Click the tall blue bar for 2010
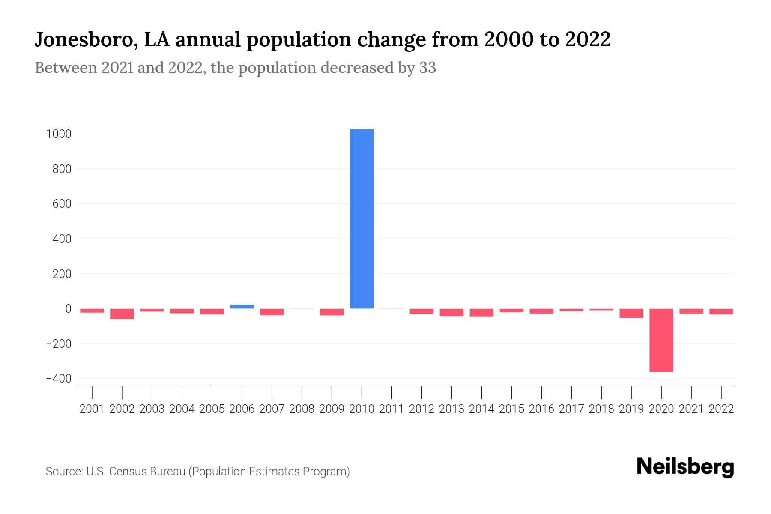pos(362,218)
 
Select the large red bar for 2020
pos(661,340)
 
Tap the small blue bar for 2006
pos(242,307)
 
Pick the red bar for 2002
pos(122,314)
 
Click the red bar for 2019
pos(631,313)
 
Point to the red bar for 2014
pos(481,313)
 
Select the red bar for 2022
pos(721,311)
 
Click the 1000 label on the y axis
pos(59,134)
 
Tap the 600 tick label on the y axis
pos(62,204)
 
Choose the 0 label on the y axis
pos(68,309)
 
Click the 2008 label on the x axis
pos(302,409)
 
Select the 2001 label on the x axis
pos(92,409)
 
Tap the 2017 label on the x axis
pos(571,409)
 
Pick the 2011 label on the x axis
pos(391,409)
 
